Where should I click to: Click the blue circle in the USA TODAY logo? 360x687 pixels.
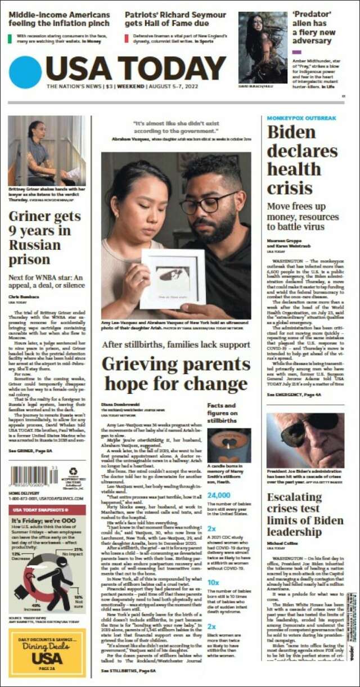click(25, 72)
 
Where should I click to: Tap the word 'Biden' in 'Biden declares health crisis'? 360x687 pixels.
click(291, 132)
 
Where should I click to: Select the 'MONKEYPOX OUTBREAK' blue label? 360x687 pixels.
click(301, 118)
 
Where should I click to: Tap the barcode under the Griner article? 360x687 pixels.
click(34, 476)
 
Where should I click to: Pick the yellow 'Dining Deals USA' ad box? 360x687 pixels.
click(47, 653)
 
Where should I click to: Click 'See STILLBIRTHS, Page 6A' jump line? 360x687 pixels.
click(129, 671)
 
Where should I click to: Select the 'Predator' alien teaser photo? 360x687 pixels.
click(262, 47)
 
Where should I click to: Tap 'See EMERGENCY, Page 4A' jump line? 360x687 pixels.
click(294, 395)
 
